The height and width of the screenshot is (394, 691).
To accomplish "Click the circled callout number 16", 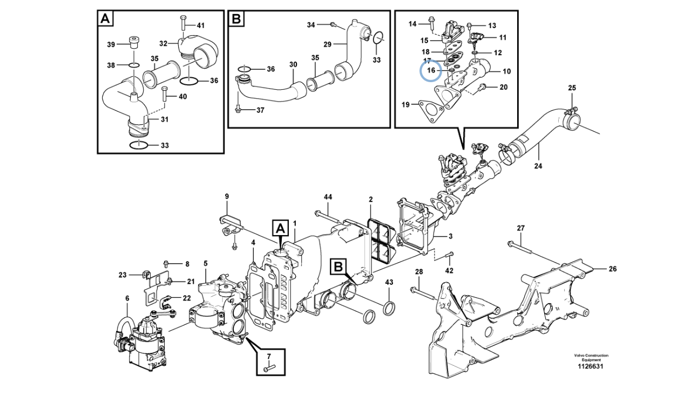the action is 431,70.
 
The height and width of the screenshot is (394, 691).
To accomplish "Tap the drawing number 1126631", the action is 591,366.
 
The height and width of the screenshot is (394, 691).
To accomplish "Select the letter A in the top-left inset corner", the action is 105,18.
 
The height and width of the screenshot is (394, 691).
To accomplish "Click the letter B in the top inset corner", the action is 236,18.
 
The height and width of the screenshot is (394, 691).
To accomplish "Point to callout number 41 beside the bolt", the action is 200,25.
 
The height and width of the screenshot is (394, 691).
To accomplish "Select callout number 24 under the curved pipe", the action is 538,166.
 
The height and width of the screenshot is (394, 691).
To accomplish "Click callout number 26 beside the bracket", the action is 612,269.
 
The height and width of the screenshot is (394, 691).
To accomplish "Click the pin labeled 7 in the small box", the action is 269,368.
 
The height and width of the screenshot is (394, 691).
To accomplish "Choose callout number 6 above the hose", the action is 127,298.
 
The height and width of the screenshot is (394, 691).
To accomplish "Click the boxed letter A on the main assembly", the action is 280,229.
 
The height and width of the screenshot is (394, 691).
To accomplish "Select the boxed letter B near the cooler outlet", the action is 338,266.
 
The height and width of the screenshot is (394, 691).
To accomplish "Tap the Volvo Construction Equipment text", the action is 591,358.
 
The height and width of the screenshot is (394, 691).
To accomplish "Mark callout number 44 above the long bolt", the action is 328,197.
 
